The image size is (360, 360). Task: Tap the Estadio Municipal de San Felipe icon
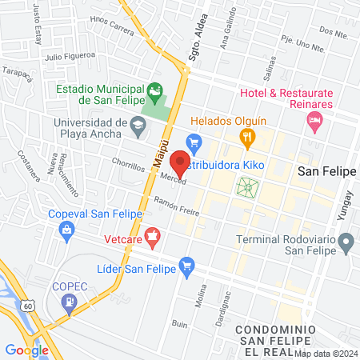(155, 90)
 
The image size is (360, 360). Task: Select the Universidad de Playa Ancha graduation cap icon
(138, 124)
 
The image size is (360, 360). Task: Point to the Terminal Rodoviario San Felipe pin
(346, 240)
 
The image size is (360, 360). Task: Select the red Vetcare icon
(152, 236)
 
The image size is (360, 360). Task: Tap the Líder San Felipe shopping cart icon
(187, 265)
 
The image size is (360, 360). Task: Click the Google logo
(26, 350)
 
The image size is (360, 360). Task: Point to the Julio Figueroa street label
(65, 57)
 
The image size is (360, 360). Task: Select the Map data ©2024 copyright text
(326, 354)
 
